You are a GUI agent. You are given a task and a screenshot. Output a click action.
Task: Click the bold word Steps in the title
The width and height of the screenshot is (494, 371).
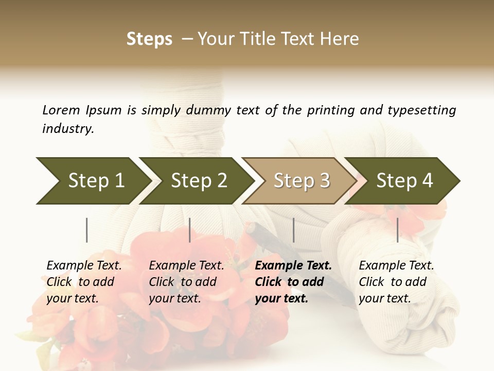pyautogui.click(x=149, y=39)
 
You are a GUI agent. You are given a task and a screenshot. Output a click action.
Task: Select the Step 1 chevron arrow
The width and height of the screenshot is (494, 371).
pyautogui.click(x=93, y=180)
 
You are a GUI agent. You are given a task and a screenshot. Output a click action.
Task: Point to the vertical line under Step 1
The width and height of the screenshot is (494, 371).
pyautogui.click(x=87, y=230)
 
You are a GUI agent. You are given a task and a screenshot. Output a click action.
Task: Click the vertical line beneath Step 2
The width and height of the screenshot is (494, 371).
pyautogui.click(x=190, y=230)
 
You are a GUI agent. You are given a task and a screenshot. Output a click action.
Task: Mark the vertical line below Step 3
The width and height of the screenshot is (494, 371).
pyautogui.click(x=294, y=230)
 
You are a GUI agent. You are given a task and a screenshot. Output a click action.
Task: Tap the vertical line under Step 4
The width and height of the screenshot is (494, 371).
pyautogui.click(x=398, y=230)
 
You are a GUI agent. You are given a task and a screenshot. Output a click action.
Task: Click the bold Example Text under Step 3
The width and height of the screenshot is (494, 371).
pyautogui.click(x=293, y=265)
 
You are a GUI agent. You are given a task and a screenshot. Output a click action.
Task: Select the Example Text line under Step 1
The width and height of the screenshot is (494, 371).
pyautogui.click(x=84, y=265)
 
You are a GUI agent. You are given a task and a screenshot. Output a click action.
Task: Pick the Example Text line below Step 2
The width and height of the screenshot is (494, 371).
pyautogui.click(x=186, y=265)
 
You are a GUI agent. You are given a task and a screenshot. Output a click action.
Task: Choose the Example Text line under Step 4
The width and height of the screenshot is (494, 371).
pyautogui.click(x=396, y=265)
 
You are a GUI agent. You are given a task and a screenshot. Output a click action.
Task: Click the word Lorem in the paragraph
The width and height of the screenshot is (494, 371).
pyautogui.click(x=61, y=110)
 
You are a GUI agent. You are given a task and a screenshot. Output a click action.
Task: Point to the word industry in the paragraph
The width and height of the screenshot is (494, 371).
pyautogui.click(x=68, y=129)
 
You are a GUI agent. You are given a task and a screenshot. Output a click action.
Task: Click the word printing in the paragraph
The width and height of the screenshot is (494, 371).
pyautogui.click(x=328, y=110)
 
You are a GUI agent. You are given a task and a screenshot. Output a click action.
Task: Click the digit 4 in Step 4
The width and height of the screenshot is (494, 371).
pyautogui.click(x=427, y=180)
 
